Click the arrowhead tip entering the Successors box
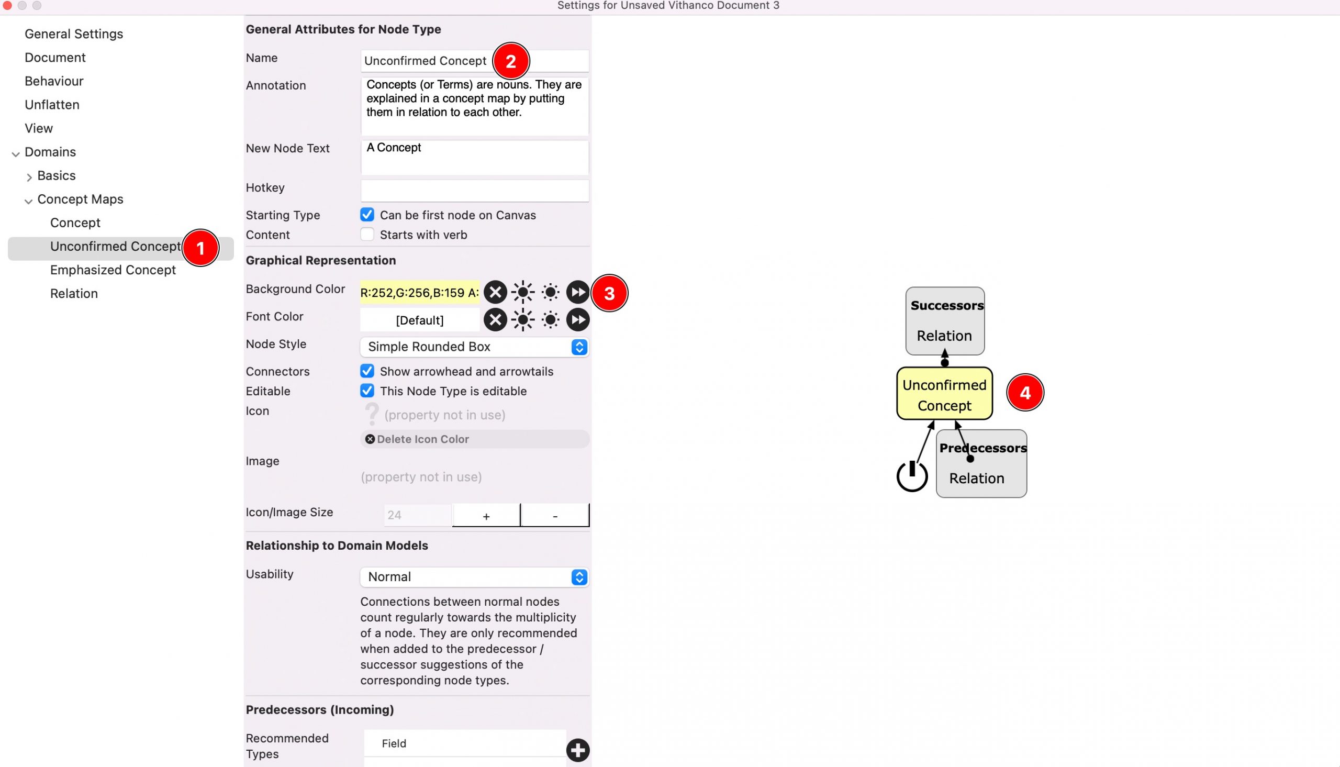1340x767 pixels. coord(945,349)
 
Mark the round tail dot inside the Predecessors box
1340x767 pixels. coord(970,459)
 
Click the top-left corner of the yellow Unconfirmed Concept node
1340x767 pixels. coord(897,368)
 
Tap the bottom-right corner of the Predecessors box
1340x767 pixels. coord(1026,497)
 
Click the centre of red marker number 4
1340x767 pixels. coord(1024,393)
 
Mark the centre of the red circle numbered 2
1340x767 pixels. coord(511,61)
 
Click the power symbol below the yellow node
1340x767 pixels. coord(912,476)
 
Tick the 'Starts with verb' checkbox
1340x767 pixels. coord(367,235)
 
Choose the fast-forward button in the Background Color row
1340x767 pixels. coord(577,292)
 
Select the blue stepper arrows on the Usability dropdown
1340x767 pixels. coord(579,577)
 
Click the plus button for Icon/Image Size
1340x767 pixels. coord(486,515)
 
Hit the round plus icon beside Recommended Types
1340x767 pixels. coord(577,750)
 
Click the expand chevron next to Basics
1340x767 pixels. coord(29,177)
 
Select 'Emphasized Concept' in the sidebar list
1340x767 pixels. coord(113,270)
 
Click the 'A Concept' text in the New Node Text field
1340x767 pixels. coord(394,148)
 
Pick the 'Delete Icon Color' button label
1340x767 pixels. coord(423,439)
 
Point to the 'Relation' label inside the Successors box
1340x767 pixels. coord(944,336)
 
